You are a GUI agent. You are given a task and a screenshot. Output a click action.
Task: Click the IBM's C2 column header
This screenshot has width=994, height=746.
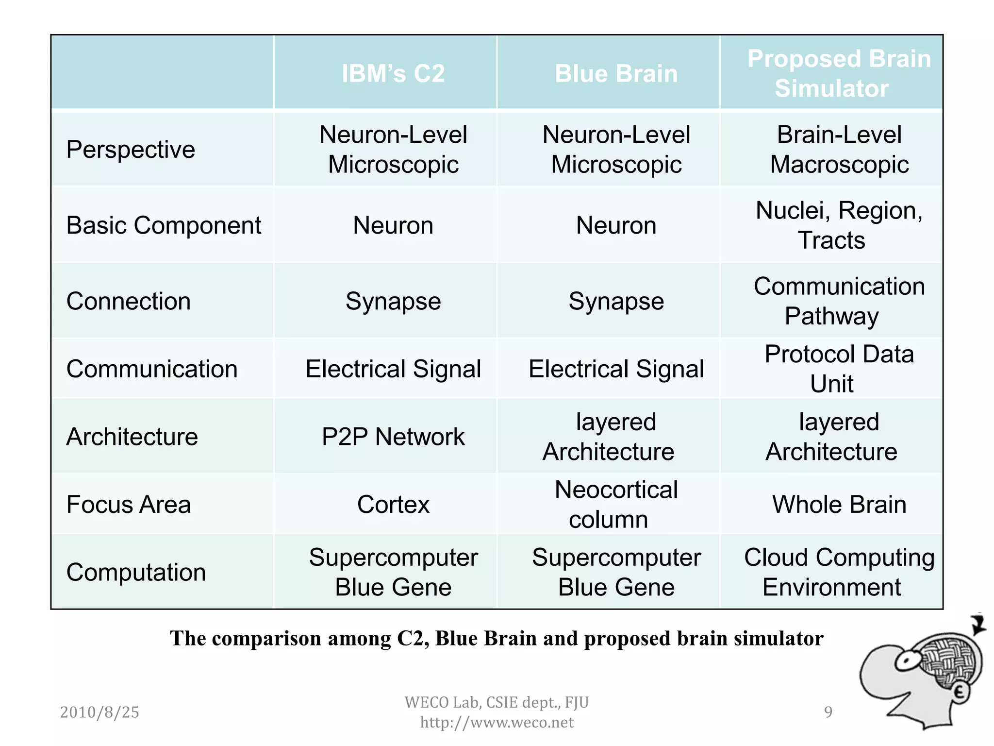pyautogui.click(x=393, y=74)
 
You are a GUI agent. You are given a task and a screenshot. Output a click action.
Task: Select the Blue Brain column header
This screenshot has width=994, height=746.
pyautogui.click(x=616, y=74)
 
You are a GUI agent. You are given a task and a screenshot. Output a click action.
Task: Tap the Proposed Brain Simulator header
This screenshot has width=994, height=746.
pyautogui.click(x=839, y=73)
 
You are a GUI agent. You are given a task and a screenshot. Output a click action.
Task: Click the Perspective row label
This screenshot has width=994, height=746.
pyautogui.click(x=131, y=149)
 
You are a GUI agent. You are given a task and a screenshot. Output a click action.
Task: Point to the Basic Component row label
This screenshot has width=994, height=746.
pyautogui.click(x=164, y=225)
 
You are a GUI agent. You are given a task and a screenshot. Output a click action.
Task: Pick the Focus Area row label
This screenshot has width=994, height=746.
pyautogui.click(x=129, y=504)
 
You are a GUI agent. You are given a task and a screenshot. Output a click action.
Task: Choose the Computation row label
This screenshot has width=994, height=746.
pyautogui.click(x=136, y=572)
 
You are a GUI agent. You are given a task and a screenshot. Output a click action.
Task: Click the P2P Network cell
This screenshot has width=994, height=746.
pyautogui.click(x=393, y=437)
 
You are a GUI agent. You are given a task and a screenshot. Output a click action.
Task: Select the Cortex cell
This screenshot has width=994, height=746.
pyautogui.click(x=393, y=504)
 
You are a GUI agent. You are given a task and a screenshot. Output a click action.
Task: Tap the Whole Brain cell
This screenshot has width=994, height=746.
pyautogui.click(x=839, y=504)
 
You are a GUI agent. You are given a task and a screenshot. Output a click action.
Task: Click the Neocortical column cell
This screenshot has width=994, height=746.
pyautogui.click(x=616, y=504)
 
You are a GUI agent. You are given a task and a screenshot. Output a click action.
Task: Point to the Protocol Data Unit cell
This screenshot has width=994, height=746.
pyautogui.click(x=839, y=369)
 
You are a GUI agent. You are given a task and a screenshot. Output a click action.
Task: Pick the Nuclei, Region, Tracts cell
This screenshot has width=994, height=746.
pyautogui.click(x=839, y=225)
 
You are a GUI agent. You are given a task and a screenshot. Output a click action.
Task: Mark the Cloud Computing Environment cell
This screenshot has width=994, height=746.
pyautogui.click(x=839, y=572)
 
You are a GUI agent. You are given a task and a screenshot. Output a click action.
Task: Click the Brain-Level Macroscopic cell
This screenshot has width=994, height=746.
pyautogui.click(x=839, y=149)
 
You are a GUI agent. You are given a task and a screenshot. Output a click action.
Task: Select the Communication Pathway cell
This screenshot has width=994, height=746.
pyautogui.click(x=839, y=301)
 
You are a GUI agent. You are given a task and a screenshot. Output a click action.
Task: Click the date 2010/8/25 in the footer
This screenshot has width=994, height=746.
pyautogui.click(x=99, y=712)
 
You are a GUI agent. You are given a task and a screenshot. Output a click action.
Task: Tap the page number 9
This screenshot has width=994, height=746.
pyautogui.click(x=828, y=712)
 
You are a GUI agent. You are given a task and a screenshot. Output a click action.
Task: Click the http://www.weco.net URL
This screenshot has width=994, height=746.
pyautogui.click(x=497, y=722)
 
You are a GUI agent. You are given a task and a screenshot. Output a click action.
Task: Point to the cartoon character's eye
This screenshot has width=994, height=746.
pyautogui.click(x=906, y=661)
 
